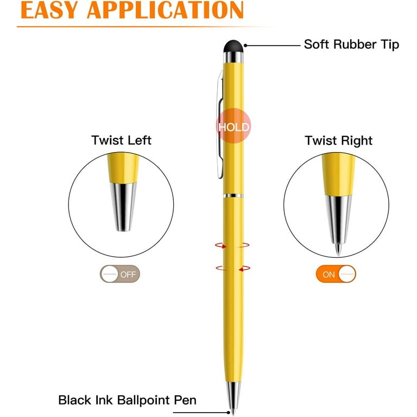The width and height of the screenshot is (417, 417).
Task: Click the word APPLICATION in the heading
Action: tap(165, 10)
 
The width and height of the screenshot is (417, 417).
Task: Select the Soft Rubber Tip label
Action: tap(351, 45)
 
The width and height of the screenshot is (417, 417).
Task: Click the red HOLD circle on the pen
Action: tap(233, 126)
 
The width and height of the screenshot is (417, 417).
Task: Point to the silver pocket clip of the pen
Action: tap(220, 124)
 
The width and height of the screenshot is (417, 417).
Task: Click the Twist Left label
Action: tap(121, 140)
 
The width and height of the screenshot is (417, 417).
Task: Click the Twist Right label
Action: tap(339, 141)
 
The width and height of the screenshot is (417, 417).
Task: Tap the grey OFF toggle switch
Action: tap(119, 274)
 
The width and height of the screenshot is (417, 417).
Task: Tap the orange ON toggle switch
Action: tap(336, 274)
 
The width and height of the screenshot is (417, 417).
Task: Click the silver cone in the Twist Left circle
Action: tap(123, 207)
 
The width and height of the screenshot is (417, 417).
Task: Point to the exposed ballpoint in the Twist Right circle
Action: tap(338, 249)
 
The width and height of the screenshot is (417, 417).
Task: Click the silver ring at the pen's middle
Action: tap(233, 196)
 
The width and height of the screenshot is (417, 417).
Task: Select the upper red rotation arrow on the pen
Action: tap(232, 245)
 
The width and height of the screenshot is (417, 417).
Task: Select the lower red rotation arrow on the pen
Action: tap(233, 268)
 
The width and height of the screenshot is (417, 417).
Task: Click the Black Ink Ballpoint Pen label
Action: tap(128, 400)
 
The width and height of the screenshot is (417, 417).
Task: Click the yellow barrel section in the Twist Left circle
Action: tap(123, 168)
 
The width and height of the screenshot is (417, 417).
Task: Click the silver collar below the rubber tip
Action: tap(233, 57)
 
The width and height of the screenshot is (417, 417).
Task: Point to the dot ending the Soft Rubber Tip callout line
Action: tap(245, 46)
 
